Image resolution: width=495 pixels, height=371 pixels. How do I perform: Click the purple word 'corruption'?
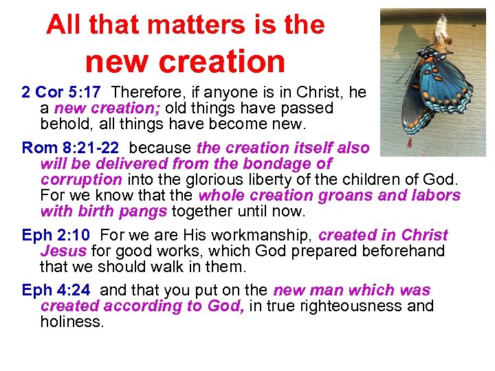click(x=81, y=179)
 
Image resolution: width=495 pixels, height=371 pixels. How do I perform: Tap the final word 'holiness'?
click(x=71, y=321)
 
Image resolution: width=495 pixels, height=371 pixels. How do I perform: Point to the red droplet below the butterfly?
click(x=410, y=143)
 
